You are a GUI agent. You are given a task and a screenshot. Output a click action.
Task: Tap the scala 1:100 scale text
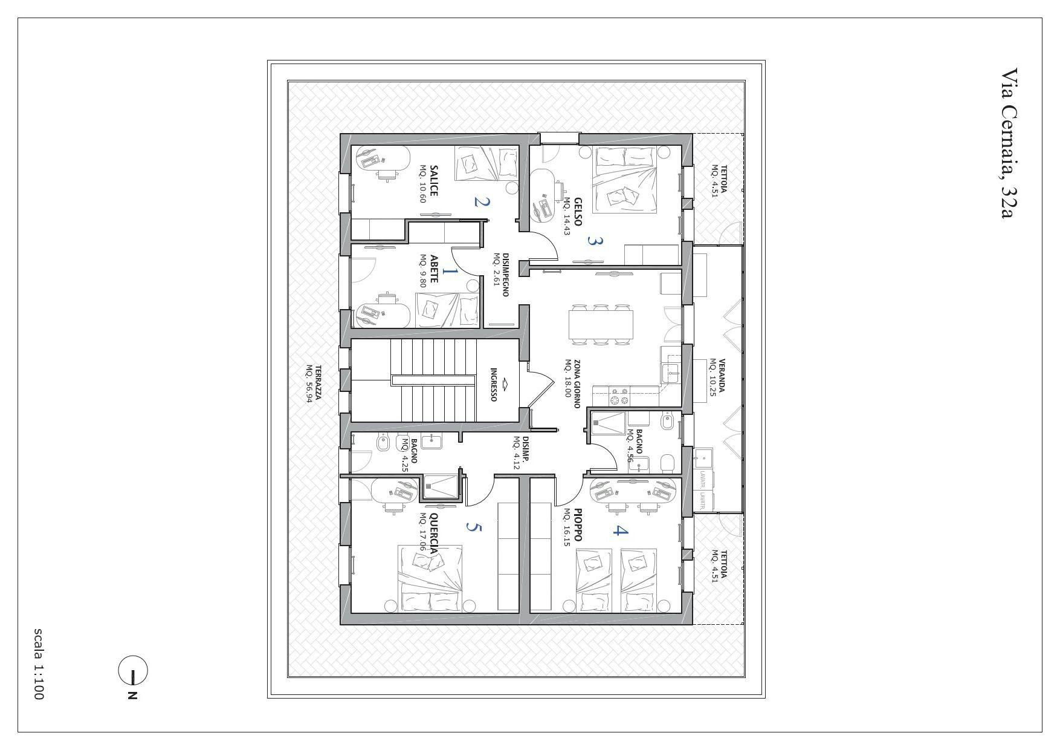tap(38, 664)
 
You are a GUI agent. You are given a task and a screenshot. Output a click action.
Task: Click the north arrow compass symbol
tap(133, 671)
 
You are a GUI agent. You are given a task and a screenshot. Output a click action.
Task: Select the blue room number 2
tap(480, 201)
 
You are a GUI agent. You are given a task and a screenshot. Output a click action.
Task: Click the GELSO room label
tap(578, 212)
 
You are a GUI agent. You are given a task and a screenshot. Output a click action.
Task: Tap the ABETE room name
tap(433, 269)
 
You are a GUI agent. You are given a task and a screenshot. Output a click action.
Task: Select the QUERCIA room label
tap(433, 533)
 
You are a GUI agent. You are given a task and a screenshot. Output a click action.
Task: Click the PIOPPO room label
tap(578, 524)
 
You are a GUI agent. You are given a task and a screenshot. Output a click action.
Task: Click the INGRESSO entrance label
tap(494, 385)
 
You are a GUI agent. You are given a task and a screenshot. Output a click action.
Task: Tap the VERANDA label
tap(721, 376)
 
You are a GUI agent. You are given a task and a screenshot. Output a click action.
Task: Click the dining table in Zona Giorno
tap(602, 325)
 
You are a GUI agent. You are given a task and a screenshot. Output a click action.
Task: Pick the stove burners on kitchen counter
tap(619, 397)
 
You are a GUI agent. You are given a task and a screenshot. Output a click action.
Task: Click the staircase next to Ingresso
tap(432, 380)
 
